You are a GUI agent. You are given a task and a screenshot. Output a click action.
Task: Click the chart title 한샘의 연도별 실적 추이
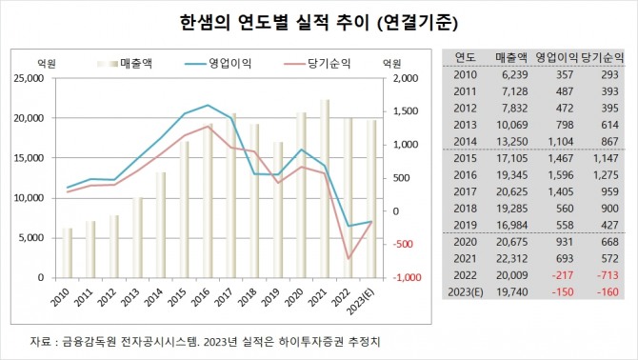[319, 21]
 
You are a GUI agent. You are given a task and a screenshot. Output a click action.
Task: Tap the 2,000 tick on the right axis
[403, 79]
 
